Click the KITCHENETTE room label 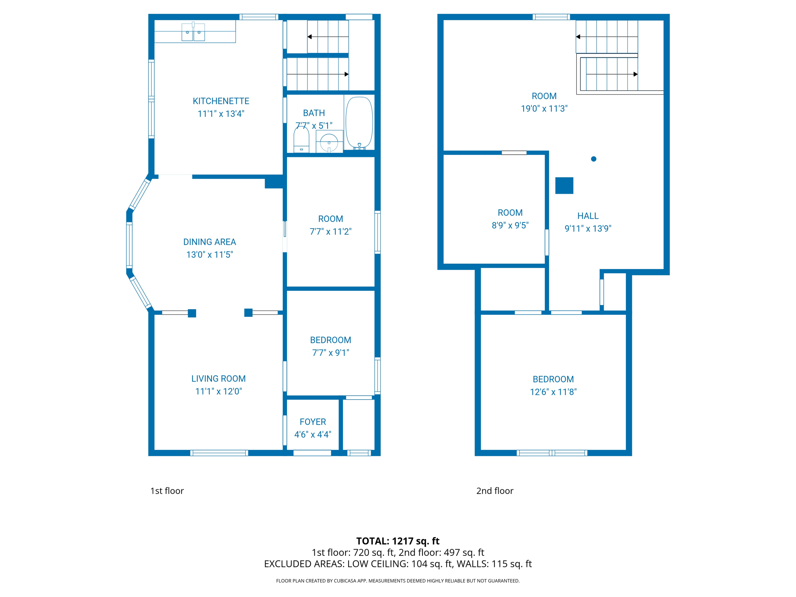tap(221, 101)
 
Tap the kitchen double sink tap(193, 32)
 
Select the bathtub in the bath tap(359, 122)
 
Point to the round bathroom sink tap(329, 142)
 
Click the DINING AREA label tap(209, 242)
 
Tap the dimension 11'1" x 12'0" tap(218, 391)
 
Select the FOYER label tap(312, 422)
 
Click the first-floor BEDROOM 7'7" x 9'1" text tap(330, 346)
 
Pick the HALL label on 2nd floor tap(588, 216)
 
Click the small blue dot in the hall tap(594, 159)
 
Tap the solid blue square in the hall tap(564, 185)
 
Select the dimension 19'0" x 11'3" tap(544, 109)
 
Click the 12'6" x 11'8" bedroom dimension tap(553, 392)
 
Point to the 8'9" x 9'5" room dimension tap(510, 225)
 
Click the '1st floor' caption tap(167, 491)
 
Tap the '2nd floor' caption tap(495, 491)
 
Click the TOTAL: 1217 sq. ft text tap(398, 541)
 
